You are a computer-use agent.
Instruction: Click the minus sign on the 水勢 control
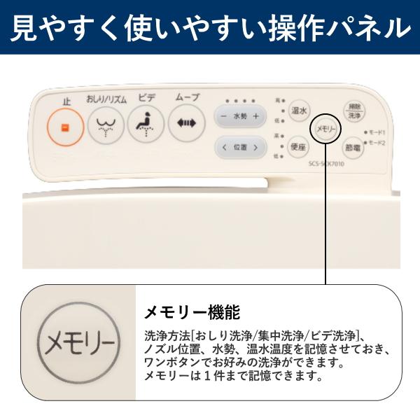pyautogui.click(x=223, y=115)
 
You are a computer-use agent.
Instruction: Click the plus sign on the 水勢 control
pyautogui.click(x=256, y=115)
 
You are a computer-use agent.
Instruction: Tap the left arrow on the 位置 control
pyautogui.click(x=224, y=147)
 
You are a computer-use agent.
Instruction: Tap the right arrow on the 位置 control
pyautogui.click(x=256, y=147)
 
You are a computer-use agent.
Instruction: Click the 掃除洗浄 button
pyautogui.click(x=354, y=110)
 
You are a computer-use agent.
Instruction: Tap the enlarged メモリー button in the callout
pyautogui.click(x=77, y=344)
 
